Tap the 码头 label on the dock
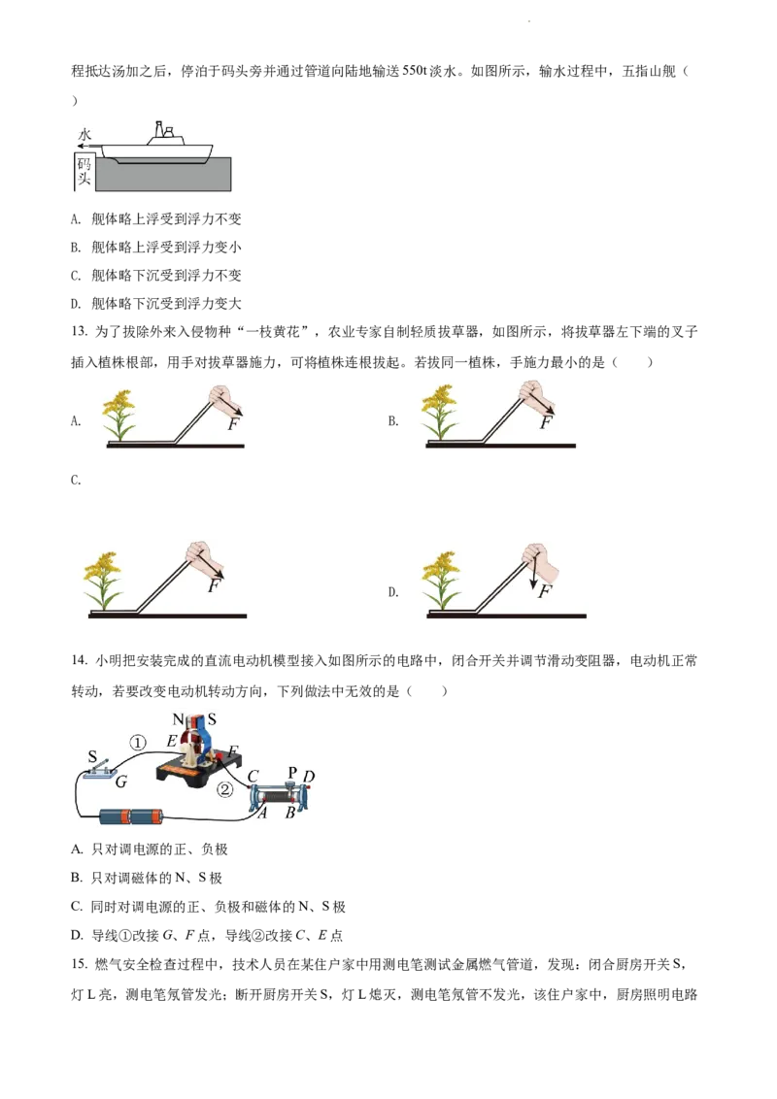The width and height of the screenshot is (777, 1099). pyautogui.click(x=84, y=171)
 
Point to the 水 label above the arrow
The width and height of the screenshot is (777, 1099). pyautogui.click(x=84, y=135)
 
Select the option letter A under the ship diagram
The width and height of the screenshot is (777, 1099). pyautogui.click(x=76, y=219)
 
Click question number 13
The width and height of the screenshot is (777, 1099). pyautogui.click(x=80, y=331)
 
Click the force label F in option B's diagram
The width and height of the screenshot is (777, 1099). pyautogui.click(x=546, y=422)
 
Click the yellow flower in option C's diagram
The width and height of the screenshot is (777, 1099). pyautogui.click(x=102, y=581)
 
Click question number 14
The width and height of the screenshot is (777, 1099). pyautogui.click(x=80, y=660)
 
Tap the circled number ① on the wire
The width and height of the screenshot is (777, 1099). pyautogui.click(x=138, y=743)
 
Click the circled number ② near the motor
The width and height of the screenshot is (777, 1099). pyautogui.click(x=224, y=790)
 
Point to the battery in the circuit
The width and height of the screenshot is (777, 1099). pyautogui.click(x=130, y=816)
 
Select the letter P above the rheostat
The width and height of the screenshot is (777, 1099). pyautogui.click(x=293, y=773)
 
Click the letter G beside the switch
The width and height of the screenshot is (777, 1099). pyautogui.click(x=121, y=782)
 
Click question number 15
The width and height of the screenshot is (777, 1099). pyautogui.click(x=80, y=964)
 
